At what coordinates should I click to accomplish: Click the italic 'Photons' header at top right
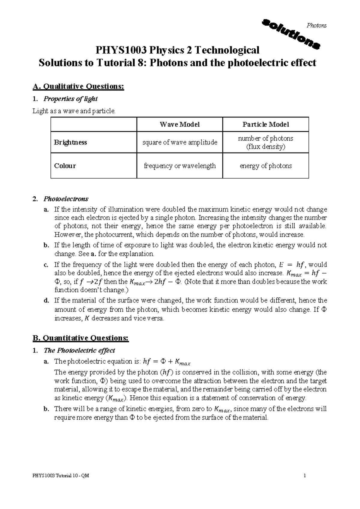pos(316,25)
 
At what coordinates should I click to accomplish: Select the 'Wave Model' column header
pos(179,124)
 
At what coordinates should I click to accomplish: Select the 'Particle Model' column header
pos(265,124)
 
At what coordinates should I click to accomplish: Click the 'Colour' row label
pos(65,166)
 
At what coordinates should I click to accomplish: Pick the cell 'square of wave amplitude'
pos(179,142)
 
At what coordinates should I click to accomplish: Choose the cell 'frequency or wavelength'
pos(179,166)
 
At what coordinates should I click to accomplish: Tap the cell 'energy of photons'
pos(265,166)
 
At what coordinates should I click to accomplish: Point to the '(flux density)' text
pos(265,147)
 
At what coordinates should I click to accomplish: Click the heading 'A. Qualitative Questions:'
pos(78,87)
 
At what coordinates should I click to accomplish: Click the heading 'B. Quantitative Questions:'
pos(80,338)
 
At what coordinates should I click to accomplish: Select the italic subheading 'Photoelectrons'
pos(66,199)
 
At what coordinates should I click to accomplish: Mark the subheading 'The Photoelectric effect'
pos(79,350)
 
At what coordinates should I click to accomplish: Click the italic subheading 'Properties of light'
pos(70,99)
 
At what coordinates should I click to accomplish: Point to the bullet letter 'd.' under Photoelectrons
pos(46,301)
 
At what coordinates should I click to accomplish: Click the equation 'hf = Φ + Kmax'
pos(167,362)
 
